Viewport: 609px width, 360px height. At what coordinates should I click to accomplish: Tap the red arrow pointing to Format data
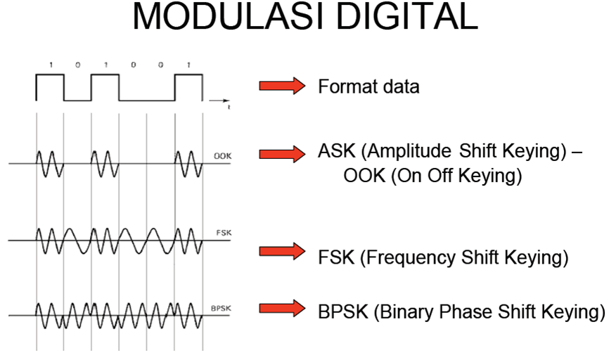click(x=282, y=86)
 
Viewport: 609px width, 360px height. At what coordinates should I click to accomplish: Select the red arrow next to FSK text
click(x=282, y=251)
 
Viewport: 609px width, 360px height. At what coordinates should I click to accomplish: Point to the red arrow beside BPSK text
click(x=282, y=308)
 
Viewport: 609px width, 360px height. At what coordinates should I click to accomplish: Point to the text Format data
click(x=368, y=87)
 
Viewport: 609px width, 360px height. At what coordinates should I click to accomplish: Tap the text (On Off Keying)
click(x=432, y=176)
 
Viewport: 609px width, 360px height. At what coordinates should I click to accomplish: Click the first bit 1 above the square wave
click(x=50, y=65)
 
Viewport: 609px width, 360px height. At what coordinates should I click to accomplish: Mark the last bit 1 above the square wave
click(x=188, y=65)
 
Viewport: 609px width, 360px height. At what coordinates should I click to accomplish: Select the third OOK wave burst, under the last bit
click(x=188, y=164)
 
